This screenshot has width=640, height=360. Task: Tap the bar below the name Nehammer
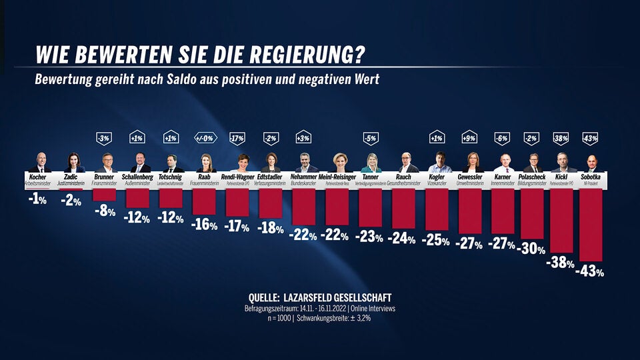pyautogui.click(x=303, y=206)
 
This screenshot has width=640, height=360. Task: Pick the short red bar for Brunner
pyautogui.click(x=104, y=194)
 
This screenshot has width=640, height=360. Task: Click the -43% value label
pyautogui.click(x=591, y=271)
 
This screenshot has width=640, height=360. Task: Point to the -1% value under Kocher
pyautogui.click(x=38, y=199)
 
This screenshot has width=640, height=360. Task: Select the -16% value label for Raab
pyautogui.click(x=204, y=225)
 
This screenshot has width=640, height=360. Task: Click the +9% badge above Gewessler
pyautogui.click(x=469, y=138)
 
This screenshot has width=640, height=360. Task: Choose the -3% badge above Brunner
pyautogui.click(x=103, y=138)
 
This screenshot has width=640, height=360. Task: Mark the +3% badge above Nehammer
pyautogui.click(x=303, y=138)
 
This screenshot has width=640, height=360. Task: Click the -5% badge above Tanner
pyautogui.click(x=370, y=138)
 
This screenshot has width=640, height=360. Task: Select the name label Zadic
pyautogui.click(x=71, y=177)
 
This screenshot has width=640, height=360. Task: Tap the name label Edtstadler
pyautogui.click(x=270, y=177)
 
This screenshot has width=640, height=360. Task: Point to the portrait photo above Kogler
pyautogui.click(x=437, y=163)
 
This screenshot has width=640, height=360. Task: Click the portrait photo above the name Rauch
pyautogui.click(x=404, y=163)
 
